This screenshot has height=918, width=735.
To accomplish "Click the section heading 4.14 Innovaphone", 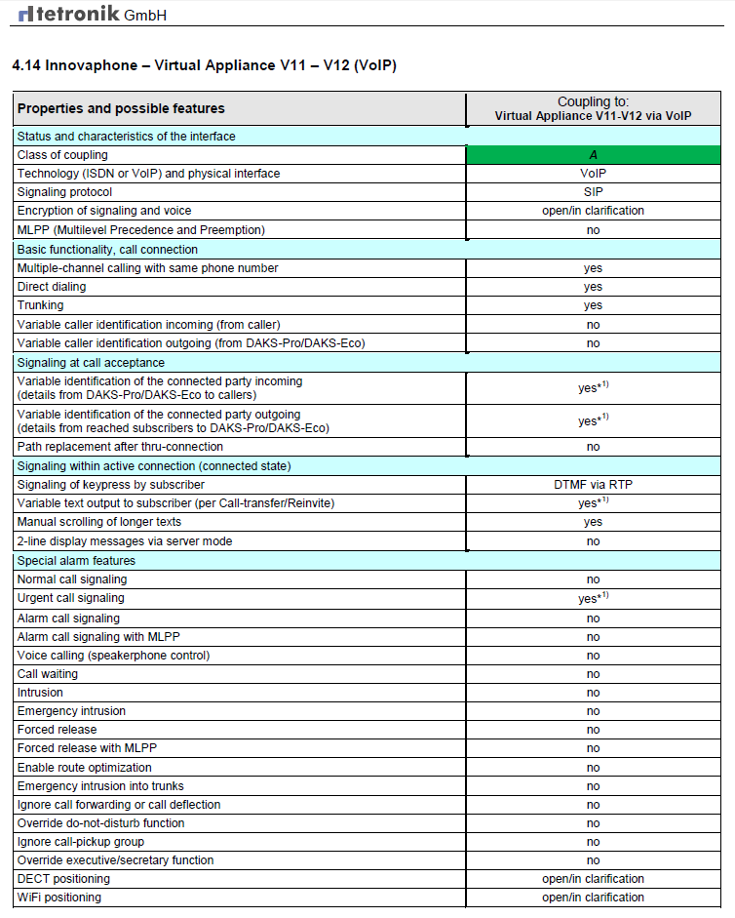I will pyautogui.click(x=204, y=65).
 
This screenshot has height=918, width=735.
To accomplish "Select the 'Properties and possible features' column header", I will pyautogui.click(x=121, y=108).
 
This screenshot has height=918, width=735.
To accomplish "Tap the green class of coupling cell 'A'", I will pyautogui.click(x=593, y=155).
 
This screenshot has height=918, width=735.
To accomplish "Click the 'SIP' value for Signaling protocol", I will pyautogui.click(x=593, y=192).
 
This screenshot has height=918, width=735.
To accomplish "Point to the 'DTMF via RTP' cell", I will pyautogui.click(x=593, y=485).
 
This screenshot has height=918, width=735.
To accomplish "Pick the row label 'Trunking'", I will pyautogui.click(x=41, y=305).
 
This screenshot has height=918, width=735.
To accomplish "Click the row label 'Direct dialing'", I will pyautogui.click(x=51, y=287).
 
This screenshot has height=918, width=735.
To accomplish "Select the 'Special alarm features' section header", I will pyautogui.click(x=76, y=561).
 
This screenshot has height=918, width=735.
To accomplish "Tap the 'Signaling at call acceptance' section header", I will pyautogui.click(x=91, y=362).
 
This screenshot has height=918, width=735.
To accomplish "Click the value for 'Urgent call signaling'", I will pyautogui.click(x=593, y=599).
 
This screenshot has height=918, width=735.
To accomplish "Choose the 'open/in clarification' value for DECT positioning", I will pyautogui.click(x=593, y=879).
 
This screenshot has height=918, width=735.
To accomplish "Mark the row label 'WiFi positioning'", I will pyautogui.click(x=58, y=898).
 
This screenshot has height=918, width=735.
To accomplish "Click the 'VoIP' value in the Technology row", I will pyautogui.click(x=593, y=174).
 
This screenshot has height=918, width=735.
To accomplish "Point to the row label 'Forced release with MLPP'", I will pyautogui.click(x=87, y=748).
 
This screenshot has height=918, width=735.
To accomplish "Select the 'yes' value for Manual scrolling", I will pyautogui.click(x=593, y=522).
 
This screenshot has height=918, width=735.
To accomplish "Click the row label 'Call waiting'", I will pyautogui.click(x=48, y=674).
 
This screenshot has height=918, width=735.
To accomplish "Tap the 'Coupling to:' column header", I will pyautogui.click(x=593, y=101).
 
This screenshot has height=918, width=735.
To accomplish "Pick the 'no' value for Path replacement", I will pyautogui.click(x=593, y=447).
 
